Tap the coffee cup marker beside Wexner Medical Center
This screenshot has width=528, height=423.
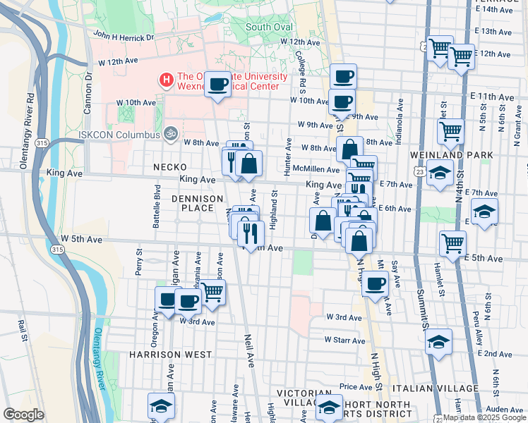click(217, 85)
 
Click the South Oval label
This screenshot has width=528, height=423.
click(268, 27)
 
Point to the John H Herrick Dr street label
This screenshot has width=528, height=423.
click(123, 36)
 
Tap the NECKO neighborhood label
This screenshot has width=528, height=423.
click(169, 166)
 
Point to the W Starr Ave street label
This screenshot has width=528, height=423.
click(344, 340)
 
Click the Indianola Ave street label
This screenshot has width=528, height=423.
click(400, 128)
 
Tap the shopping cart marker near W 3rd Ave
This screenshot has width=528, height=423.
click(212, 293)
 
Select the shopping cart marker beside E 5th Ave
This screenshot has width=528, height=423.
click(452, 243)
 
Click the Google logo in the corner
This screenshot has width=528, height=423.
click(23, 415)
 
